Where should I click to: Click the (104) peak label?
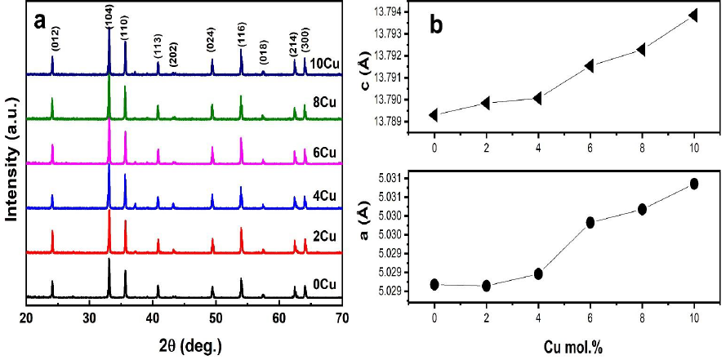point(109,16)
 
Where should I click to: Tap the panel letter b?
point(437,25)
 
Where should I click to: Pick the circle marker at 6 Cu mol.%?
point(590,222)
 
